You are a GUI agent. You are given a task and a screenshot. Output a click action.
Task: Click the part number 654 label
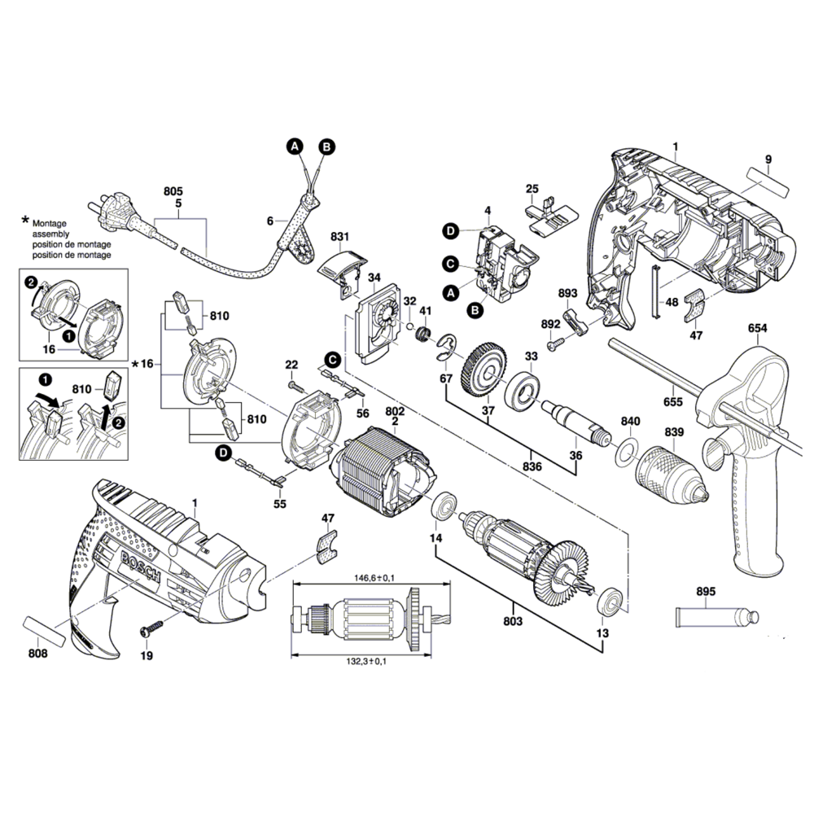[757, 328]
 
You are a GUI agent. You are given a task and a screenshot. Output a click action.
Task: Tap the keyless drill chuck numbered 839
[672, 470]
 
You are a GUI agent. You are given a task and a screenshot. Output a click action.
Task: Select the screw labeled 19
[151, 629]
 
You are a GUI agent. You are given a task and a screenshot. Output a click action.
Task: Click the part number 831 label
[339, 237]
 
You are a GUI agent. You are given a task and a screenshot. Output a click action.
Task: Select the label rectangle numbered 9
[766, 182]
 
